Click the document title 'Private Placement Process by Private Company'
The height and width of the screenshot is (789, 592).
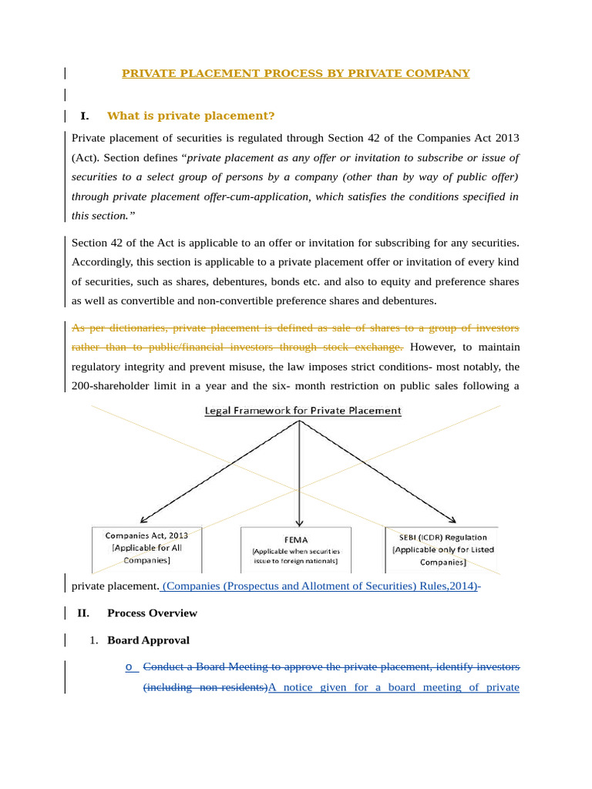(x=296, y=73)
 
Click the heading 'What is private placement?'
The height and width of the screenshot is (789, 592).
(x=190, y=116)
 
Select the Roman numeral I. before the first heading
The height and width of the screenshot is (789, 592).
(x=84, y=116)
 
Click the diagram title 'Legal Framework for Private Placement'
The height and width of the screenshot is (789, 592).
(x=302, y=411)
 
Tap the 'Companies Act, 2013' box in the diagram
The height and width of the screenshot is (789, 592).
(x=146, y=548)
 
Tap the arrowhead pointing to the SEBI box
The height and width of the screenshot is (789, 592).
(x=459, y=520)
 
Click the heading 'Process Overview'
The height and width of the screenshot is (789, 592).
(x=152, y=613)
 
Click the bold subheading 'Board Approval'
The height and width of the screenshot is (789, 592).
(x=148, y=640)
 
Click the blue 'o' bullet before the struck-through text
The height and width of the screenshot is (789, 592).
(x=129, y=666)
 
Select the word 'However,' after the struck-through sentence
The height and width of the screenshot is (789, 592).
(x=432, y=347)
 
